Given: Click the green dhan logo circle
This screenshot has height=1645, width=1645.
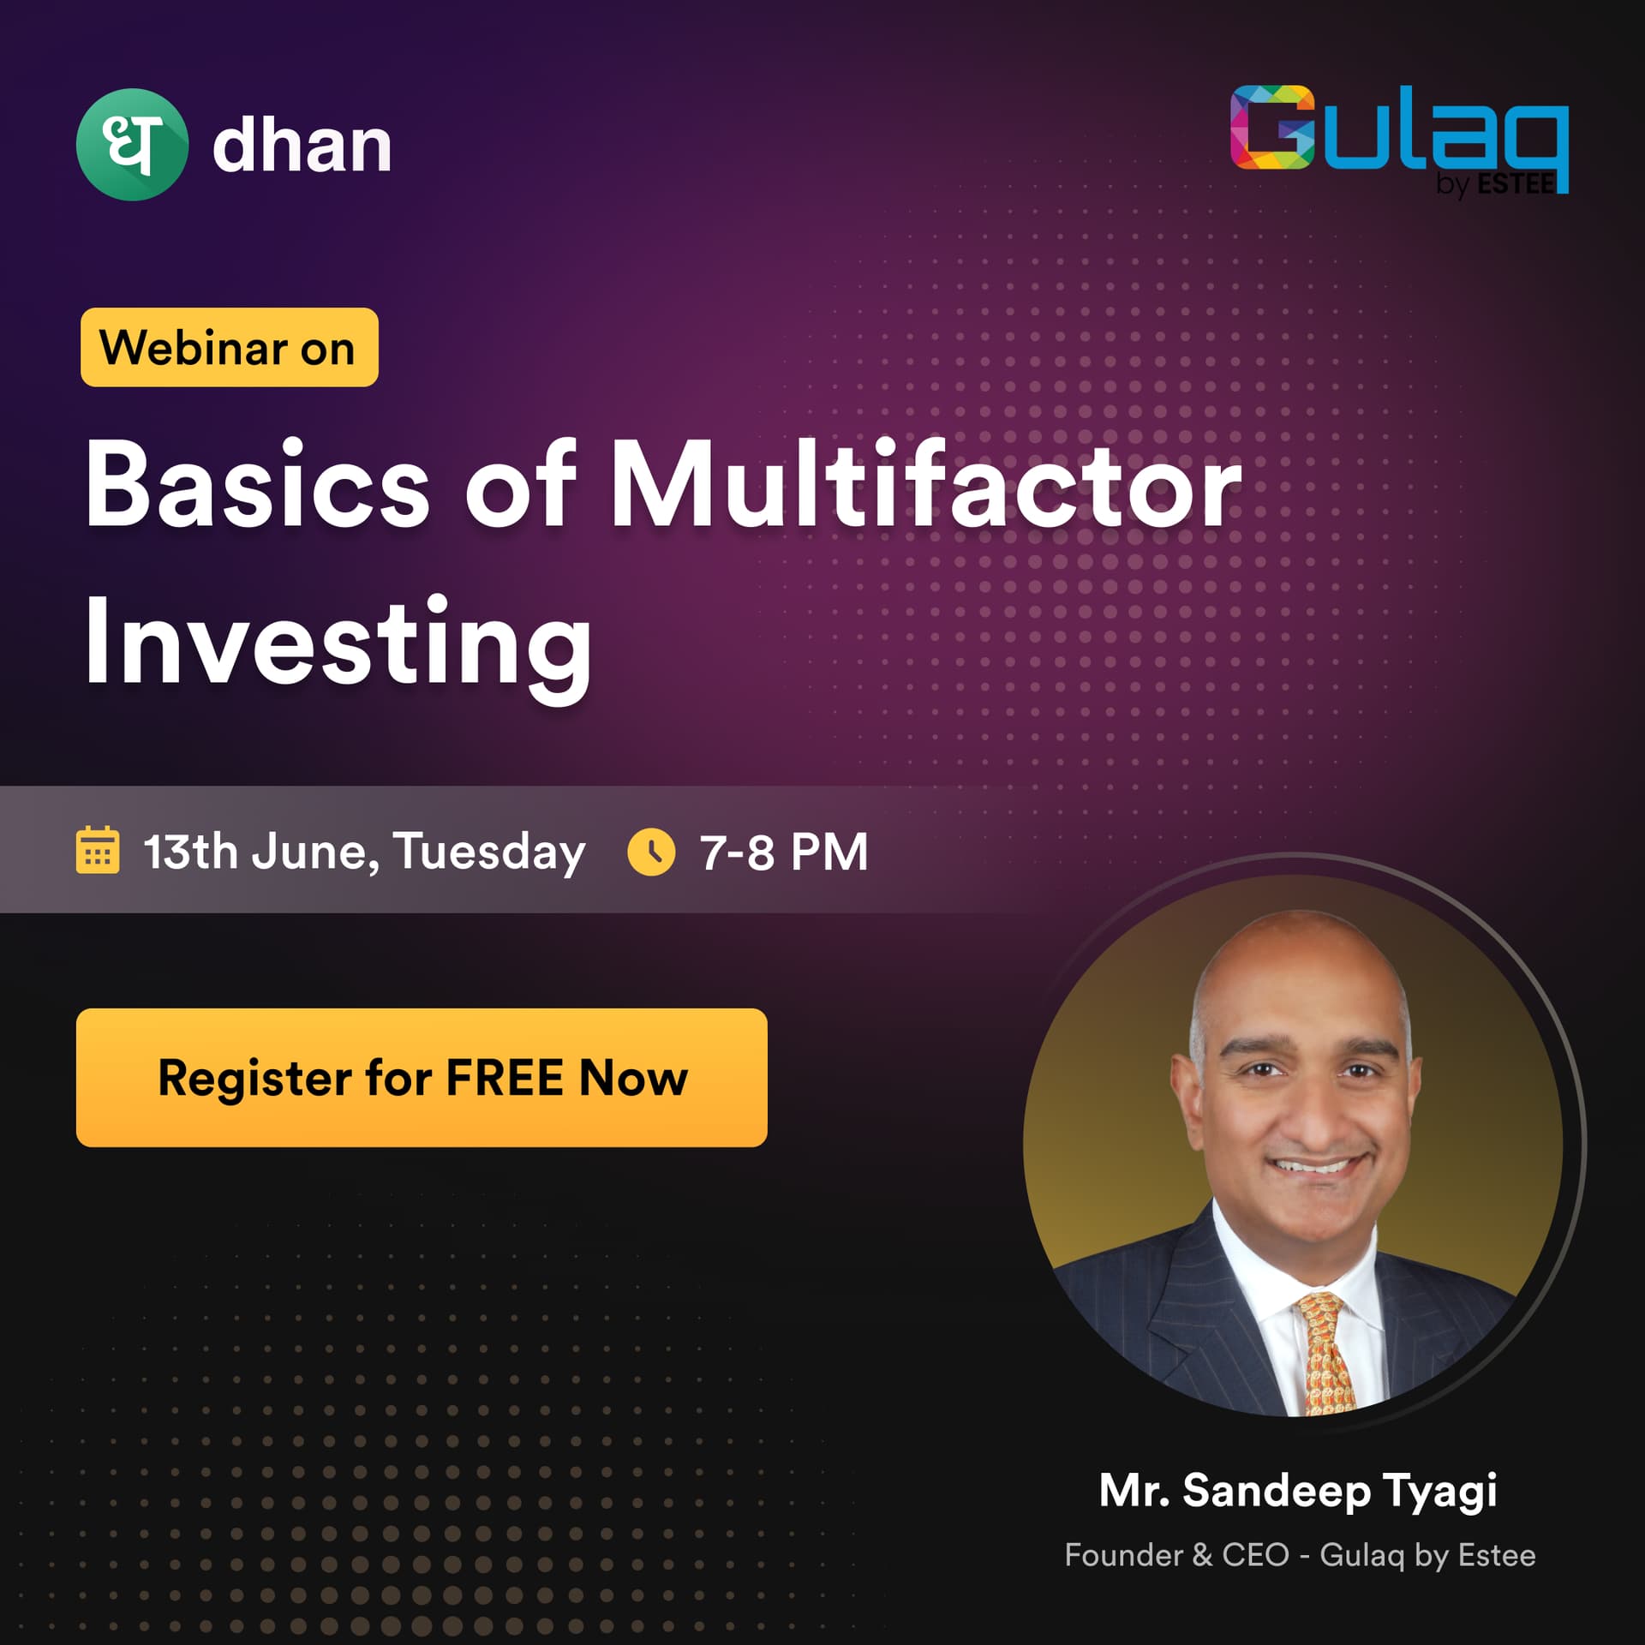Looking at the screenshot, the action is (132, 145).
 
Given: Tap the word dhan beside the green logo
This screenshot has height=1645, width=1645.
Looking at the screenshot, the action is (302, 145).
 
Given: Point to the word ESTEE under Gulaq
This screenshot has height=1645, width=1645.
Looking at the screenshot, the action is (1516, 183).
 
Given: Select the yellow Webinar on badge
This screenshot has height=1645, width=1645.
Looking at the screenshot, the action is (230, 347).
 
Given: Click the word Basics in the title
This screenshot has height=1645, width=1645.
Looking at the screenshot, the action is (257, 484).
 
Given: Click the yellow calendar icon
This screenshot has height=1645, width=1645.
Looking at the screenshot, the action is (98, 851).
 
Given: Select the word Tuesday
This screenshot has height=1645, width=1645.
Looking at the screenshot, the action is (489, 854).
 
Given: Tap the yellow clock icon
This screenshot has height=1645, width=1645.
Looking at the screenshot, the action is (651, 852).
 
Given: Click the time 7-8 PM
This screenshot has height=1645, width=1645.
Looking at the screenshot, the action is (784, 852).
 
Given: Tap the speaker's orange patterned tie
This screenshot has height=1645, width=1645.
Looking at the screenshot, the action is (1327, 1354).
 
